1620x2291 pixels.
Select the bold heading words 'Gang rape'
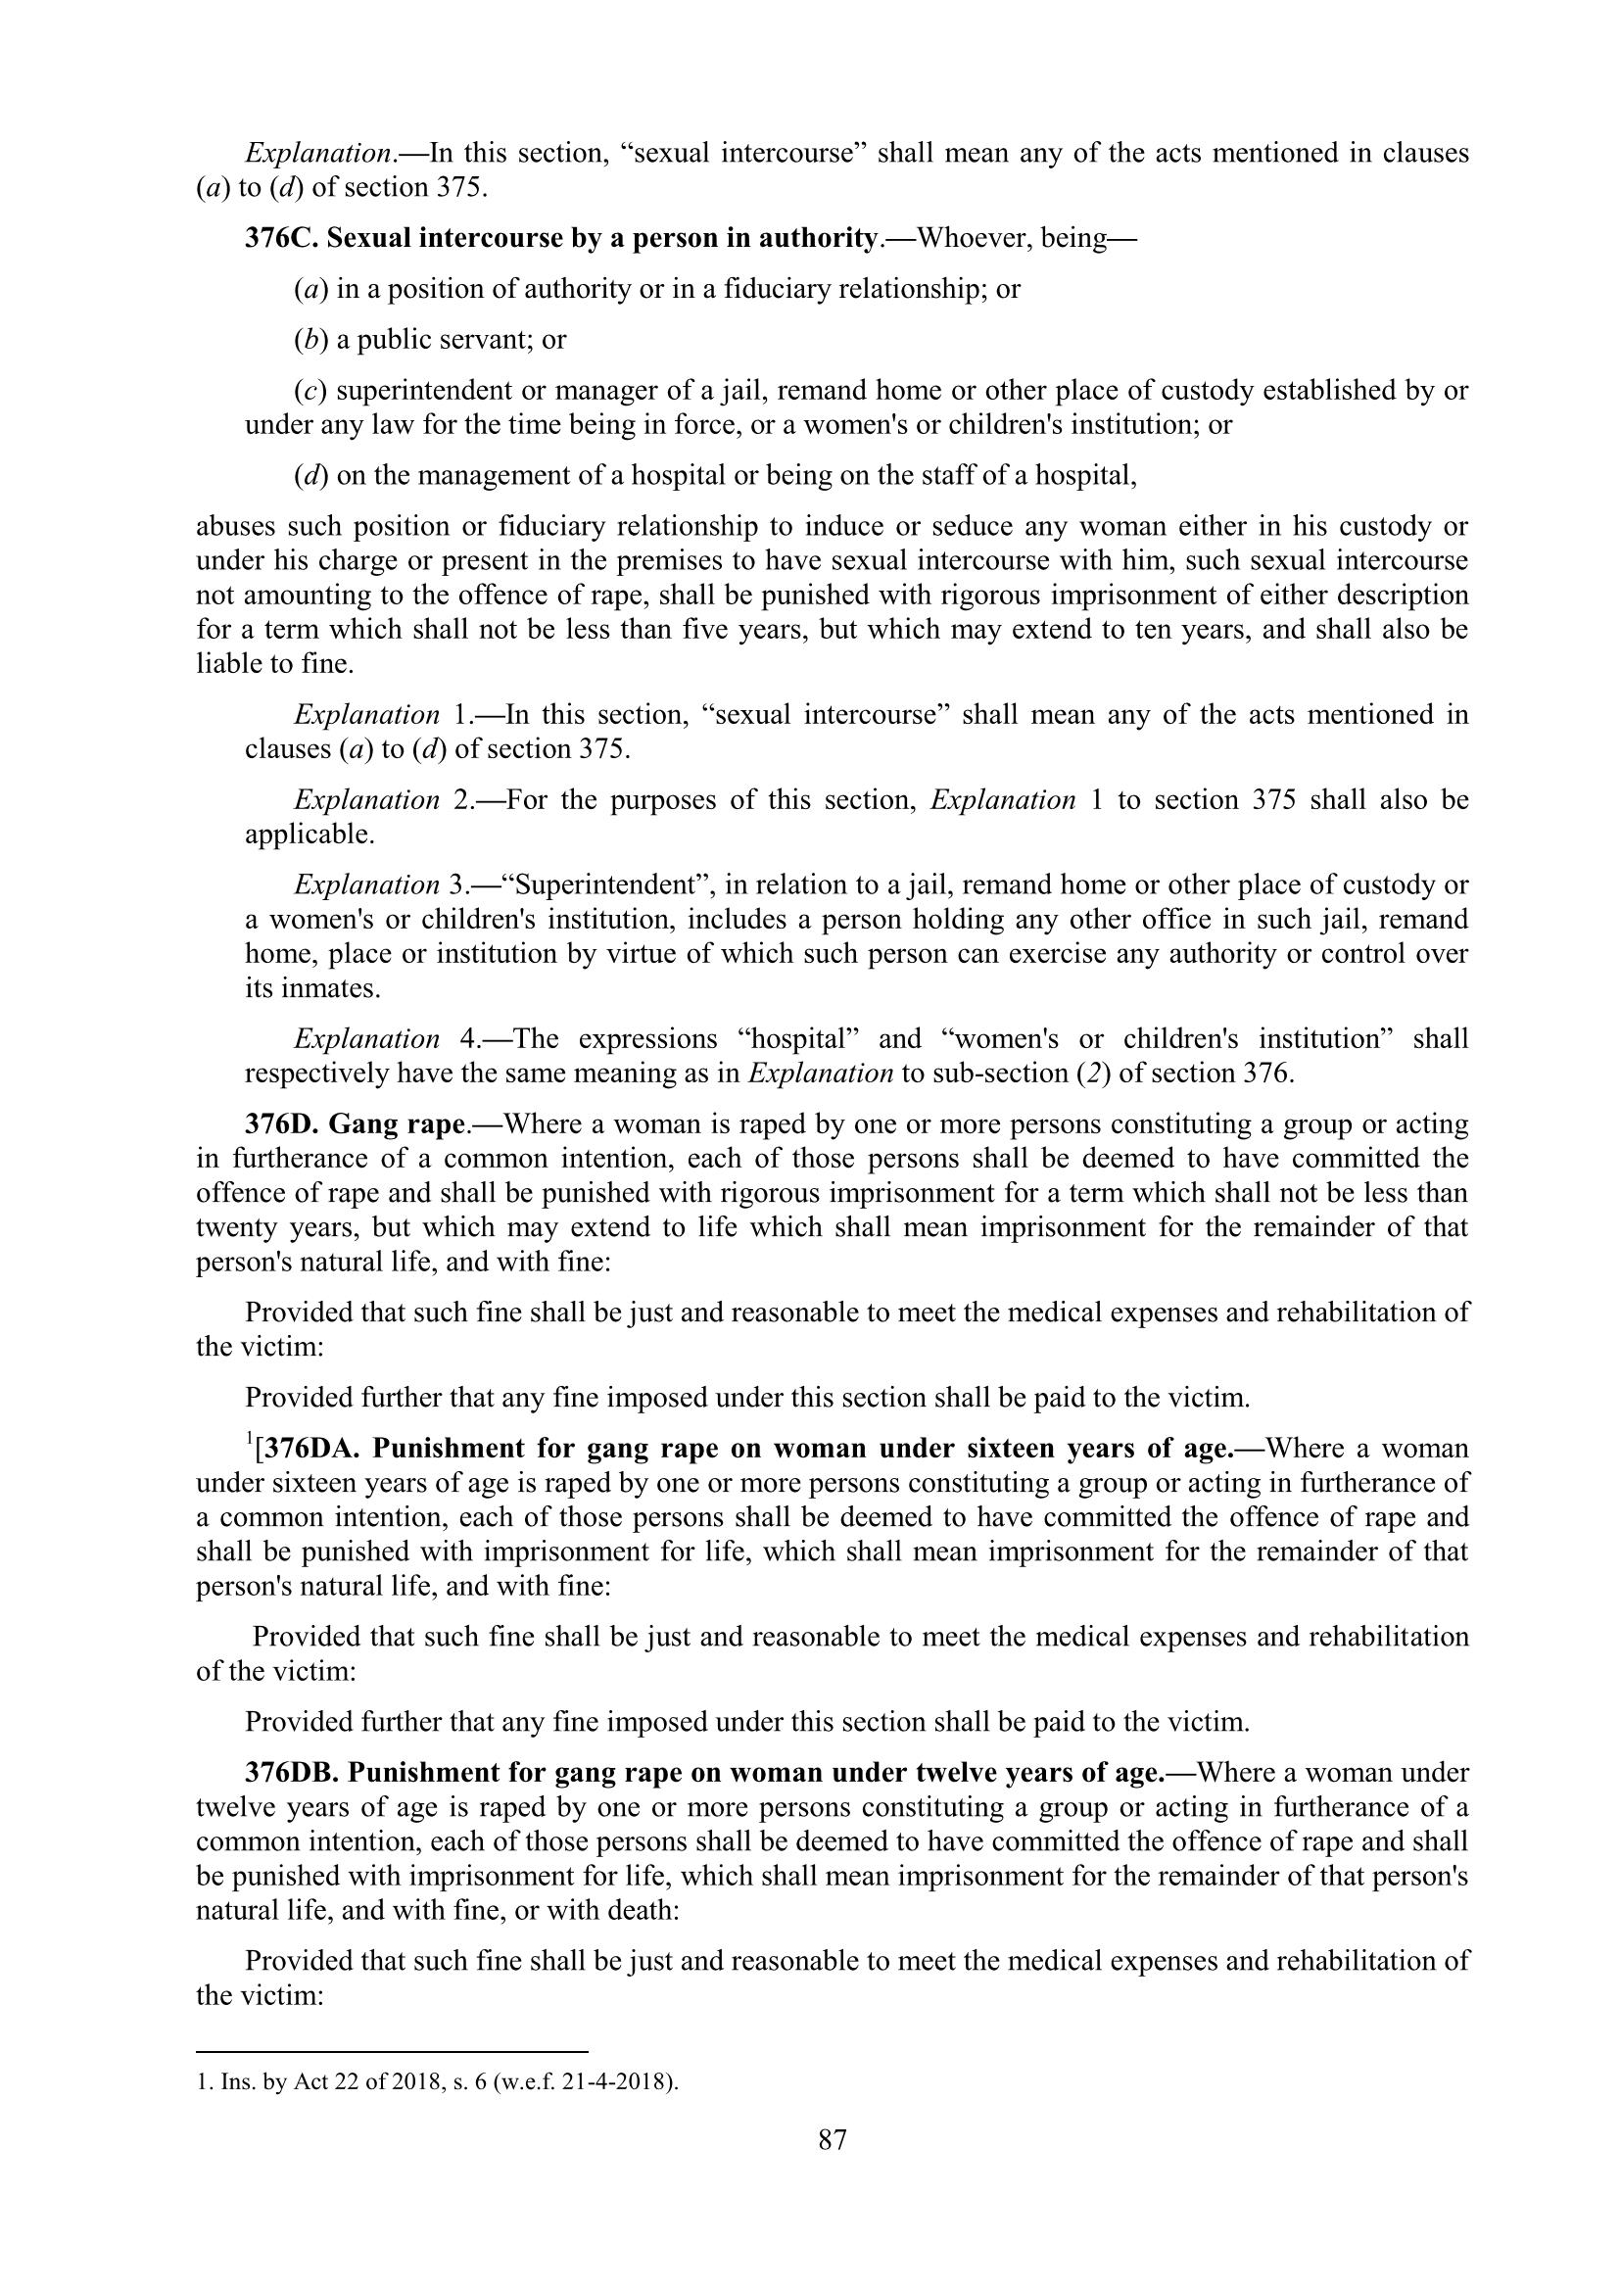click(x=397, y=1124)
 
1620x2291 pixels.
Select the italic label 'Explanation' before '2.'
click(x=366, y=800)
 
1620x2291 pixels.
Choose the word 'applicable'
click(x=309, y=835)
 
